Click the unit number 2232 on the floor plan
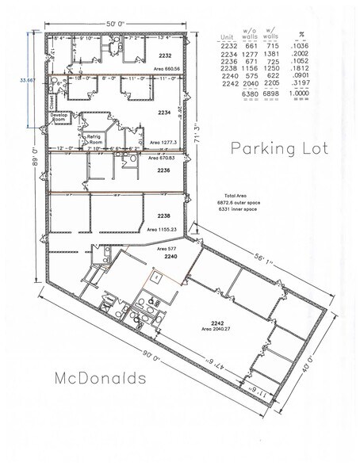tap(165, 56)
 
